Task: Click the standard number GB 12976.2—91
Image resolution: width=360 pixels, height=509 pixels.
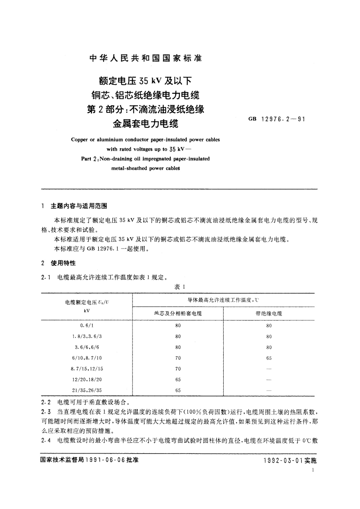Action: coord(277,119)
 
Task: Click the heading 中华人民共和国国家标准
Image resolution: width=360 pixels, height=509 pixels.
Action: coord(146,58)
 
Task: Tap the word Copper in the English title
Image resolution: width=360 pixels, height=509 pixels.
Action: coord(79,140)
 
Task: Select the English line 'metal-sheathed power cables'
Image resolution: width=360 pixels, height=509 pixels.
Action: coord(145,168)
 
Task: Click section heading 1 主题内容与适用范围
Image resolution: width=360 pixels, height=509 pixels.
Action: coord(74,206)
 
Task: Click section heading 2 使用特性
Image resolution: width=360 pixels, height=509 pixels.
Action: coord(59,263)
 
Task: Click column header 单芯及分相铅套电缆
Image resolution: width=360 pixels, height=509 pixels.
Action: coord(178,314)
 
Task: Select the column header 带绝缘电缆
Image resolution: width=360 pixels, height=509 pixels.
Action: coord(269,314)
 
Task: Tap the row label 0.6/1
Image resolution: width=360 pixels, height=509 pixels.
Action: coord(87,326)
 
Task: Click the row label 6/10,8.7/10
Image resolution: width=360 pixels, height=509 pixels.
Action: coord(87,358)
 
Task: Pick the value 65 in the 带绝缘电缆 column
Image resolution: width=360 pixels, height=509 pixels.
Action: coord(269,358)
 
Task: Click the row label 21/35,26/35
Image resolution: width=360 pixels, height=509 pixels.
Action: coord(87,390)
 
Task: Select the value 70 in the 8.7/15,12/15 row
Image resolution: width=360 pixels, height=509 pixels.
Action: coord(178,369)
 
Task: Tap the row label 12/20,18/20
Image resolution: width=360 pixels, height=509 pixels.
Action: coord(87,380)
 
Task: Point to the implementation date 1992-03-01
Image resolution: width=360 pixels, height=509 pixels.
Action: coord(283,460)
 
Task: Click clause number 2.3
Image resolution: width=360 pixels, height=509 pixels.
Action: coord(45,412)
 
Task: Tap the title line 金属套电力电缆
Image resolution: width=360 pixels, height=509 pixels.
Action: coord(146,124)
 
